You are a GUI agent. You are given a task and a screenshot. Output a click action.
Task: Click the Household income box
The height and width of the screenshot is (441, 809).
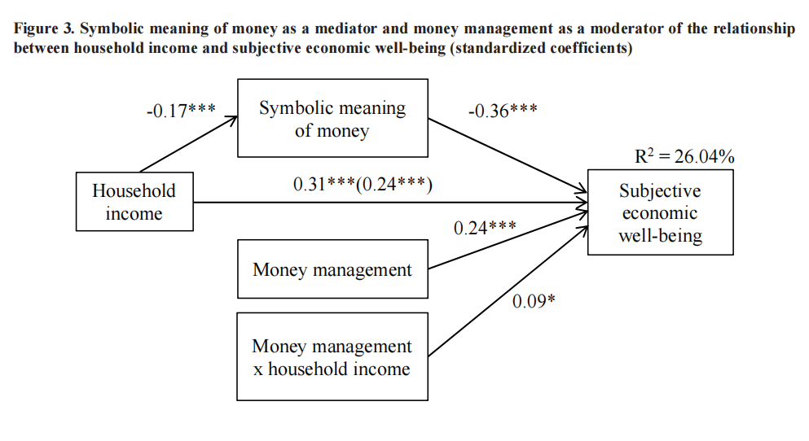(x=134, y=202)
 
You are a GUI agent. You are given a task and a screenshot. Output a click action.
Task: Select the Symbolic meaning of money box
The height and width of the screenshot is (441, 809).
(x=332, y=118)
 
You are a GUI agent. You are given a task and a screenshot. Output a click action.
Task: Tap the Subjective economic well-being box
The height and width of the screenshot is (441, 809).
(x=659, y=213)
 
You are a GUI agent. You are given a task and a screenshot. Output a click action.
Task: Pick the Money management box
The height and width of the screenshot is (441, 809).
(x=332, y=269)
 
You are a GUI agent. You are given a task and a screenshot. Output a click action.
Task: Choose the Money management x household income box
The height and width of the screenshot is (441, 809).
(x=332, y=357)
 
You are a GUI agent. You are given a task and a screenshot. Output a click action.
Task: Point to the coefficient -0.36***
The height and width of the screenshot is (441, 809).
(x=502, y=111)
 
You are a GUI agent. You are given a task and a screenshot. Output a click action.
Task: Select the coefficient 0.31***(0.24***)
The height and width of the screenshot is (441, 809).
(x=363, y=185)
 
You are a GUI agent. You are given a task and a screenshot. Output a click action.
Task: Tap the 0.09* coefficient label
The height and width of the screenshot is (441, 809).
(x=534, y=302)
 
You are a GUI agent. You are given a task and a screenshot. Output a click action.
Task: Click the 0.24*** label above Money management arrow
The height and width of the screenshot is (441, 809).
(x=485, y=229)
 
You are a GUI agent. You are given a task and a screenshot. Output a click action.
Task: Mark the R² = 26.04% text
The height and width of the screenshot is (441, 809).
(x=684, y=157)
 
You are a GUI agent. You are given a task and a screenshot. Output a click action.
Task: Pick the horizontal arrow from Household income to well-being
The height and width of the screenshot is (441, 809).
(x=391, y=203)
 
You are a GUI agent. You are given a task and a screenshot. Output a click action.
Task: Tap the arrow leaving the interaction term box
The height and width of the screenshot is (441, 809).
(x=507, y=292)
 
